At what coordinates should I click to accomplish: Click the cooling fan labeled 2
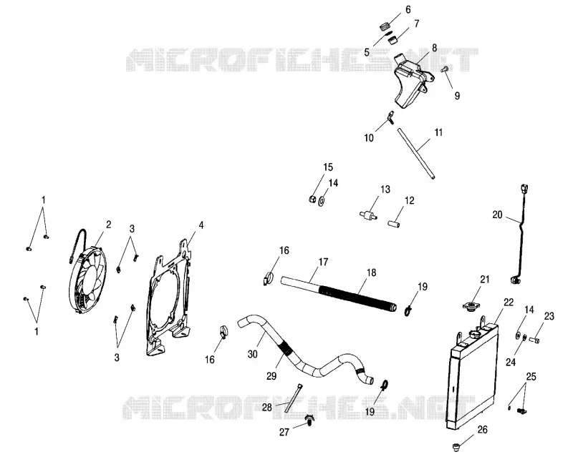[87, 281]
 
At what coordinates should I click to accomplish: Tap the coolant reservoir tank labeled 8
[411, 79]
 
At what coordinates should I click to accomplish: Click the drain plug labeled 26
[456, 446]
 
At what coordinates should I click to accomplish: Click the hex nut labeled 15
[312, 199]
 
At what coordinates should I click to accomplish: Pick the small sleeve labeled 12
[393, 222]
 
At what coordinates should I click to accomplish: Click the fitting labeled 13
[368, 215]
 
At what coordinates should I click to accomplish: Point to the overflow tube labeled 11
[416, 152]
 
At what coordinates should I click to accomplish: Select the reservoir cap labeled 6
[384, 26]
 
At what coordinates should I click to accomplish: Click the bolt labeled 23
[534, 340]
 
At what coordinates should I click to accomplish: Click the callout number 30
[253, 354]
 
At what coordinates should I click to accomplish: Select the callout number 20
[497, 215]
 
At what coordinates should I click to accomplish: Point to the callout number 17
[324, 262]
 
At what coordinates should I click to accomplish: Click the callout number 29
[271, 375]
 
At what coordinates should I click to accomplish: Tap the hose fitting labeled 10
[390, 118]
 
